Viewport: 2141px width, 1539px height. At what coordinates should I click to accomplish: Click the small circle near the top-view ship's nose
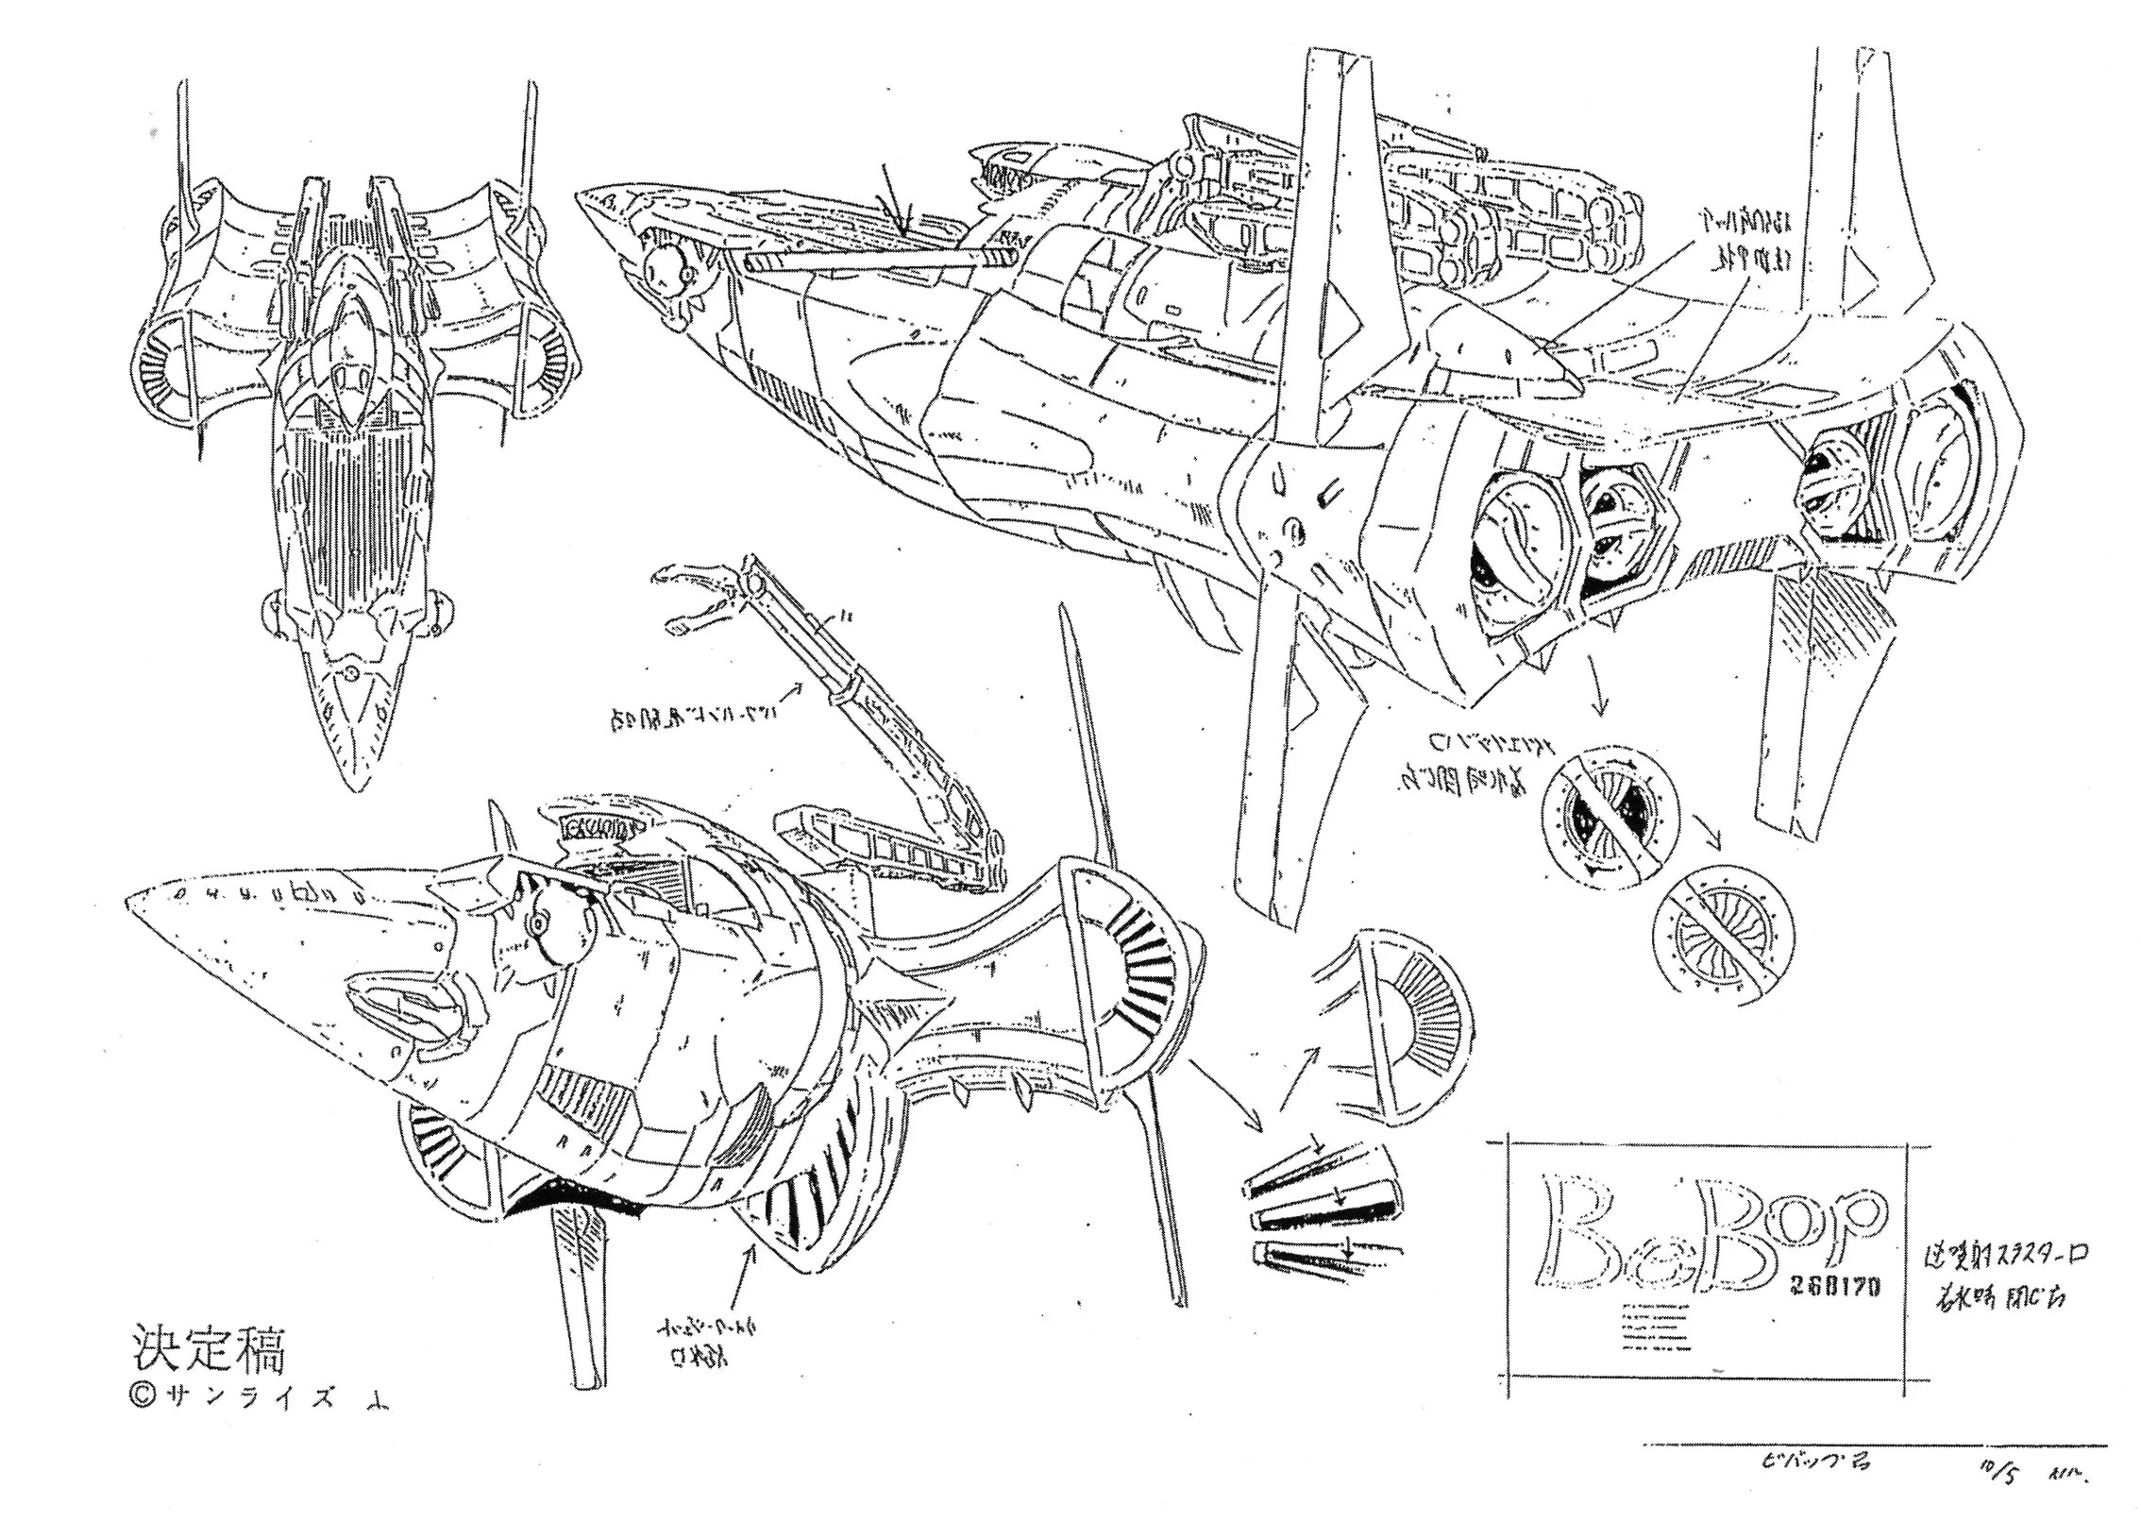351,673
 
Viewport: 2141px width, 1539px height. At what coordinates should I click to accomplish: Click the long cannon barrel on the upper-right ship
878,256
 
